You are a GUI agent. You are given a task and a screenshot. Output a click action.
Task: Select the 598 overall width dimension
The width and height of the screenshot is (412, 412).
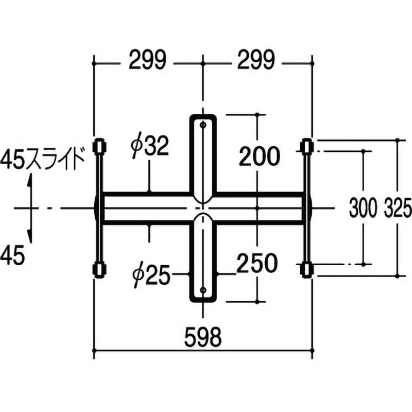pos(203,337)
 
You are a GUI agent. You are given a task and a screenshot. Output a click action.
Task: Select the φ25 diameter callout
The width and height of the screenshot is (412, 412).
pos(150,276)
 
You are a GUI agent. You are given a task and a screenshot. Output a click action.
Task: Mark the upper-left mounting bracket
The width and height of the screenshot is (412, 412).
pos(98,147)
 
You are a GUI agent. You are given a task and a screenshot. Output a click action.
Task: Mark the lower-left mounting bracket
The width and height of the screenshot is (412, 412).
pos(98,269)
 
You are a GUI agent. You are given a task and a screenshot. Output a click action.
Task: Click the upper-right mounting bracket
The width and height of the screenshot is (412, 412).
pos(307,147)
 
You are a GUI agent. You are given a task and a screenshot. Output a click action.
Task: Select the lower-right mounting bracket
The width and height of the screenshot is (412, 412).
pos(307,269)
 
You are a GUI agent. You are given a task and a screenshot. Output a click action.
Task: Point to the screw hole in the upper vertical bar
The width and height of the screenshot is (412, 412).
pos(204,125)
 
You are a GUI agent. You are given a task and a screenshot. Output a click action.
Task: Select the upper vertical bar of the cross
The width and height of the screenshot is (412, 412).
pos(204,154)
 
